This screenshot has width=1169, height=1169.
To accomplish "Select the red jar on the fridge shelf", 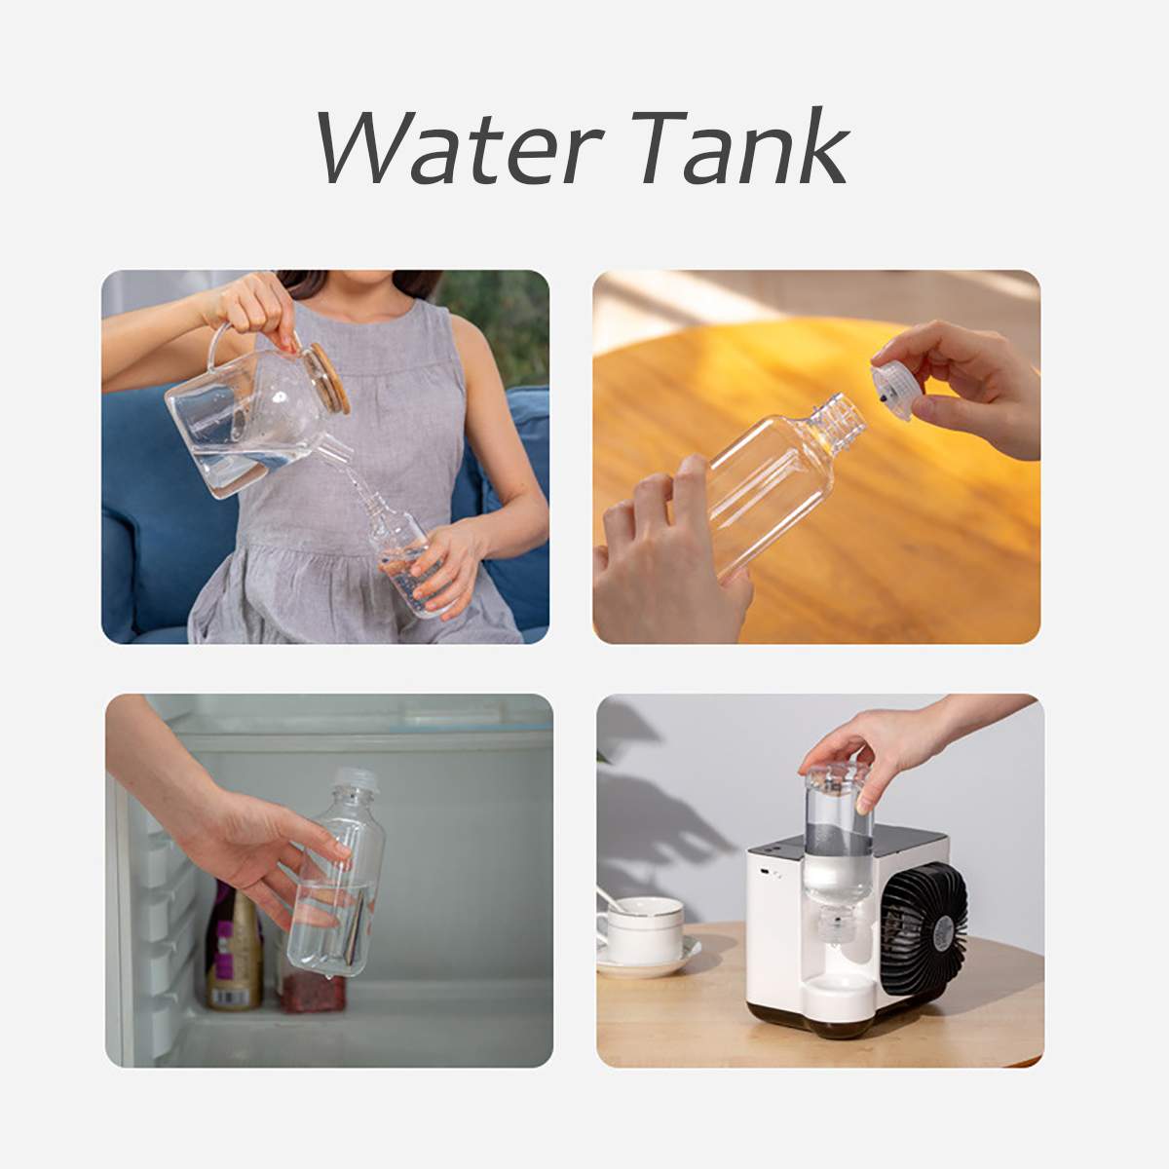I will click(312, 984).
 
